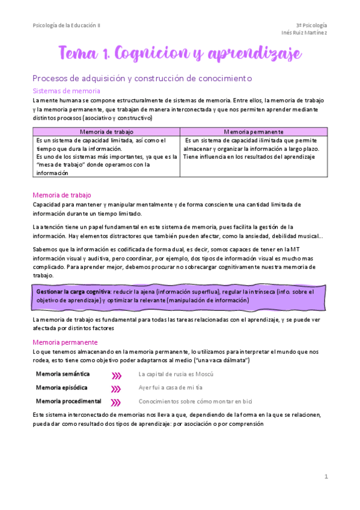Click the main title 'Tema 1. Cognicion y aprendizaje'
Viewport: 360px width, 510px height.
click(x=180, y=55)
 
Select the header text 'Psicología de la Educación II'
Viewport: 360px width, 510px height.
click(x=67, y=25)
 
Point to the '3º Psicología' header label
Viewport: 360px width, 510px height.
click(x=311, y=25)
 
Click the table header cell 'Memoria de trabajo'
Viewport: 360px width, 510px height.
click(x=106, y=131)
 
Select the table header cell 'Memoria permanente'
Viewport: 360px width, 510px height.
click(x=254, y=131)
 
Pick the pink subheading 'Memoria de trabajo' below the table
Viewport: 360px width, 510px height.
click(x=61, y=195)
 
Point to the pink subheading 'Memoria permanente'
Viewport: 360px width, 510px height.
click(x=64, y=342)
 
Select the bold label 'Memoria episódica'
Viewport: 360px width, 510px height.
click(x=61, y=388)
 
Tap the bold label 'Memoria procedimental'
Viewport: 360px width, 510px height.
click(x=68, y=401)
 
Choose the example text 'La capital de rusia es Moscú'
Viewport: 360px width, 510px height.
click(x=176, y=374)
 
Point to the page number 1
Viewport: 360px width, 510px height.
click(x=326, y=477)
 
